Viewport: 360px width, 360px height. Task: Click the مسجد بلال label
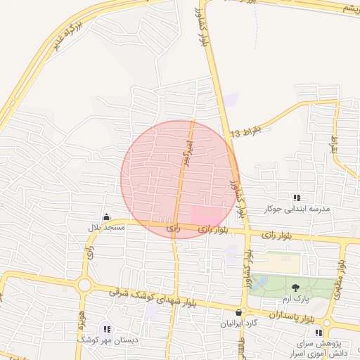click(x=106, y=228)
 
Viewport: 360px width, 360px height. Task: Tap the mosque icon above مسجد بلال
click(x=106, y=217)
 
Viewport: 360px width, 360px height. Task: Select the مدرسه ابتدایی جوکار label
click(x=296, y=209)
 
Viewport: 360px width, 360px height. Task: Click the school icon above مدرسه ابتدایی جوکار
click(x=296, y=198)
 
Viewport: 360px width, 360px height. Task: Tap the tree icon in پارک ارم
click(x=295, y=287)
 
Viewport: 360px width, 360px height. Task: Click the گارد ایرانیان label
click(x=240, y=324)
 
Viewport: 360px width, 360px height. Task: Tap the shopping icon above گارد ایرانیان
click(x=239, y=313)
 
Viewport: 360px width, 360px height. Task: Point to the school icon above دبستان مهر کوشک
click(x=108, y=328)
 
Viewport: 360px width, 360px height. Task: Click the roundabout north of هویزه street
click(x=84, y=285)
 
